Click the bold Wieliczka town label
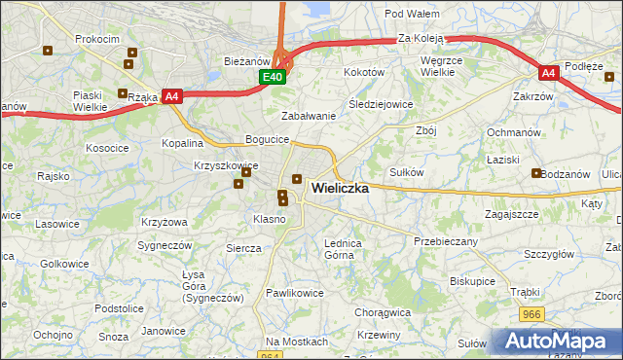[339, 189]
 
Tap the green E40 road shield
[273, 77]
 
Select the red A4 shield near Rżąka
[172, 95]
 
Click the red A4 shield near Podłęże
[549, 73]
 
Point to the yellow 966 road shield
[531, 314]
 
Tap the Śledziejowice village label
[381, 104]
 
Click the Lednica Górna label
[343, 249]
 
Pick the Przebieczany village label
[446, 240]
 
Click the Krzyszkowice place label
[225, 166]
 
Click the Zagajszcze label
[511, 213]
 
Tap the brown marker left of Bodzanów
[536, 173]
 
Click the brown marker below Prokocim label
[128, 64]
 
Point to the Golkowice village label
[65, 264]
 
